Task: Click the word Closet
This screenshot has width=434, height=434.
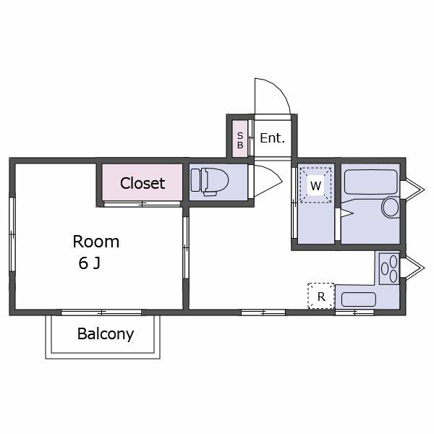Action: click(142, 183)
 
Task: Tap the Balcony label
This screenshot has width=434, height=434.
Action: click(106, 334)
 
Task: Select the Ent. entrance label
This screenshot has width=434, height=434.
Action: click(273, 138)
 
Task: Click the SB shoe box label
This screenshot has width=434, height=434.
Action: click(240, 140)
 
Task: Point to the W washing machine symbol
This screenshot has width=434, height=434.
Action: click(316, 185)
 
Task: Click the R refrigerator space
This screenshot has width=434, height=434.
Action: click(321, 296)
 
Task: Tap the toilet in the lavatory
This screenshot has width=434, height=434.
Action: click(210, 182)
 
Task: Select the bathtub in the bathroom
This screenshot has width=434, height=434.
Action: click(371, 182)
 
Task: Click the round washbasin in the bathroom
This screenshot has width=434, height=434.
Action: click(391, 207)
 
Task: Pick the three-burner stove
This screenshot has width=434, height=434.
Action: click(389, 268)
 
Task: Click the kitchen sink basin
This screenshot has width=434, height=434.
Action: click(359, 299)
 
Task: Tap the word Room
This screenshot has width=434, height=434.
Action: click(96, 242)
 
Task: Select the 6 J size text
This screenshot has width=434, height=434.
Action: click(89, 263)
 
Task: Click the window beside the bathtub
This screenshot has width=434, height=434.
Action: click(412, 190)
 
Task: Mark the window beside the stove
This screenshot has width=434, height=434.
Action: click(412, 267)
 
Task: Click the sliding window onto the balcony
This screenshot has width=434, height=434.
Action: click(101, 312)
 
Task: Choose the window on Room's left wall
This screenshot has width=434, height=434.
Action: click(12, 234)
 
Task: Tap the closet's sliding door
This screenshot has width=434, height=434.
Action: click(142, 204)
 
